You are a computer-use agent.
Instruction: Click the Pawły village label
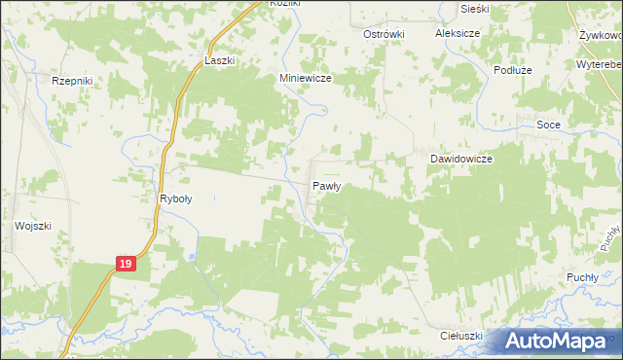click(x=325, y=185)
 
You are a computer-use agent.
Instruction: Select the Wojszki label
click(x=31, y=226)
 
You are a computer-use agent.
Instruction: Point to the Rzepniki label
click(x=71, y=82)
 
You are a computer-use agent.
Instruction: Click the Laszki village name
click(x=220, y=60)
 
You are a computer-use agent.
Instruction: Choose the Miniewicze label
click(x=307, y=81)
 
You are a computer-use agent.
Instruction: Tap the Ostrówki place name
click(x=383, y=33)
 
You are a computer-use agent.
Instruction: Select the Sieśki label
click(x=474, y=8)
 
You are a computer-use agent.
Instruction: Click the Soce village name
click(x=549, y=125)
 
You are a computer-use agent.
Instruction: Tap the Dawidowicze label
click(x=461, y=158)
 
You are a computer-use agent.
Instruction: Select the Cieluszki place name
click(x=461, y=336)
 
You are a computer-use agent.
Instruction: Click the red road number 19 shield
click(x=125, y=264)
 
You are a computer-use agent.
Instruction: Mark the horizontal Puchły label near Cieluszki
click(x=581, y=277)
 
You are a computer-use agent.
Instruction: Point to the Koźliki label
click(x=263, y=4)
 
